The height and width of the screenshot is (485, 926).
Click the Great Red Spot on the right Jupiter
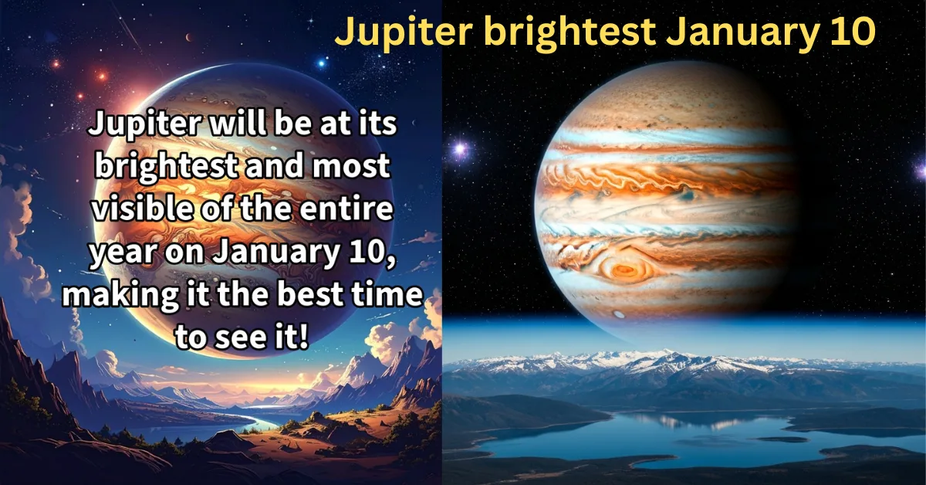click(x=624, y=270)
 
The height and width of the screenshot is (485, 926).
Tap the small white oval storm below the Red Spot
click(x=619, y=314)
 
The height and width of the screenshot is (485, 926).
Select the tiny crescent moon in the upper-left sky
click(x=190, y=36)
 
